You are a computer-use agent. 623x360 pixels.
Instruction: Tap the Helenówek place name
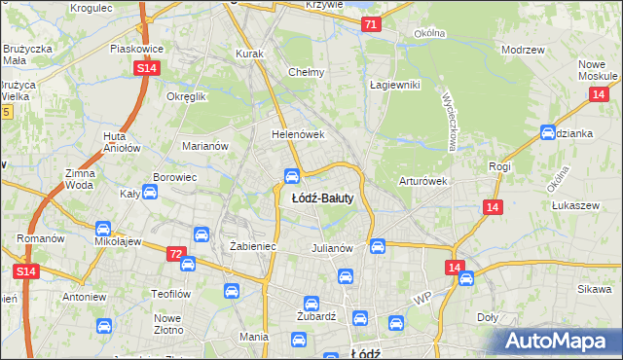click(297, 135)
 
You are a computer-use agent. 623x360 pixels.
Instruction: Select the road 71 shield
click(370, 25)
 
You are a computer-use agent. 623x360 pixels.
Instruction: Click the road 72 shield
click(175, 254)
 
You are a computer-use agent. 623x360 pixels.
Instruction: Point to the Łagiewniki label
click(394, 85)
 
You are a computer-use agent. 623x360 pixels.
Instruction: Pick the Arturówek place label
click(422, 181)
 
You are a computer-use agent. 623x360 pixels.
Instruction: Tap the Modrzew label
click(521, 50)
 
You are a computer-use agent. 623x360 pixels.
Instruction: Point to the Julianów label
click(330, 247)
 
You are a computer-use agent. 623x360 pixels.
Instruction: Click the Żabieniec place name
click(253, 247)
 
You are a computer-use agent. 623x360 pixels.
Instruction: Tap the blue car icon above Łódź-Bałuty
click(291, 175)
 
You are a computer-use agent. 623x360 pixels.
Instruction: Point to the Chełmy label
click(306, 72)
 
